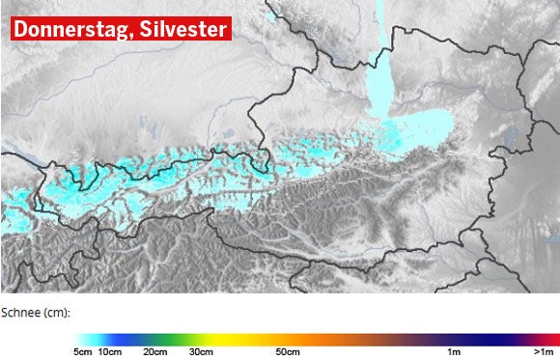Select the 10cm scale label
(x=110, y=351)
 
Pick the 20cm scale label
(x=154, y=351)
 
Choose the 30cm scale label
(x=201, y=351)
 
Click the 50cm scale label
(x=288, y=351)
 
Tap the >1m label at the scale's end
(x=544, y=351)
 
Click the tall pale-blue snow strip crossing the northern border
(x=382, y=82)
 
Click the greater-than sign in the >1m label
(x=535, y=351)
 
